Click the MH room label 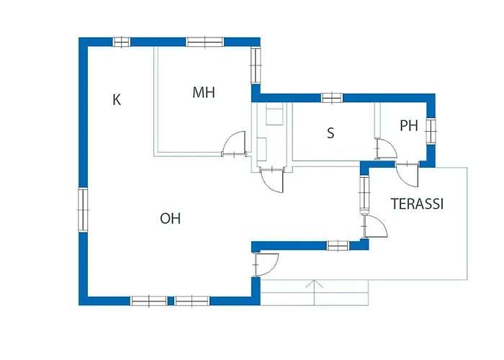click(x=204, y=93)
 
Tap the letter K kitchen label click(x=117, y=99)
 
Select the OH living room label click(x=171, y=219)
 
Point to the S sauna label click(x=330, y=132)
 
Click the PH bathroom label click(x=409, y=126)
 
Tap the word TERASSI click(x=417, y=204)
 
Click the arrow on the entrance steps click(x=314, y=292)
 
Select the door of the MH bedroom click(x=234, y=144)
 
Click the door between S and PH click(x=386, y=148)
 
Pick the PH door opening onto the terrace click(x=408, y=175)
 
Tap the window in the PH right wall click(x=431, y=130)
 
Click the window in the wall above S click(x=332, y=98)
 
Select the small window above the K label click(x=122, y=42)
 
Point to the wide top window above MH click(x=204, y=42)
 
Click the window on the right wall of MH click(x=256, y=66)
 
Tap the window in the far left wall click(x=83, y=210)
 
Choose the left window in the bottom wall click(x=149, y=301)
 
